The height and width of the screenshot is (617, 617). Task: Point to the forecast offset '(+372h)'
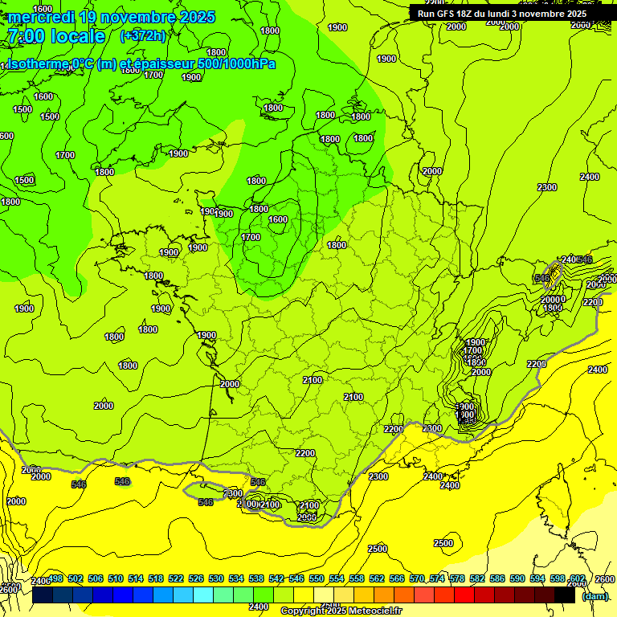click(x=143, y=36)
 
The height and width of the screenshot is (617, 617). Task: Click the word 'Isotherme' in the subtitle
click(x=36, y=64)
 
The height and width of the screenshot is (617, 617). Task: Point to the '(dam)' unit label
click(x=595, y=597)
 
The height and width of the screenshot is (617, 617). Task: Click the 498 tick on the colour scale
click(x=55, y=579)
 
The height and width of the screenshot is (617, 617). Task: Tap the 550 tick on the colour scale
click(x=317, y=579)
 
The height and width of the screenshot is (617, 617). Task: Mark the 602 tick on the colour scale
click(x=577, y=579)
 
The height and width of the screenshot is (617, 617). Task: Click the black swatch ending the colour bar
click(x=565, y=595)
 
